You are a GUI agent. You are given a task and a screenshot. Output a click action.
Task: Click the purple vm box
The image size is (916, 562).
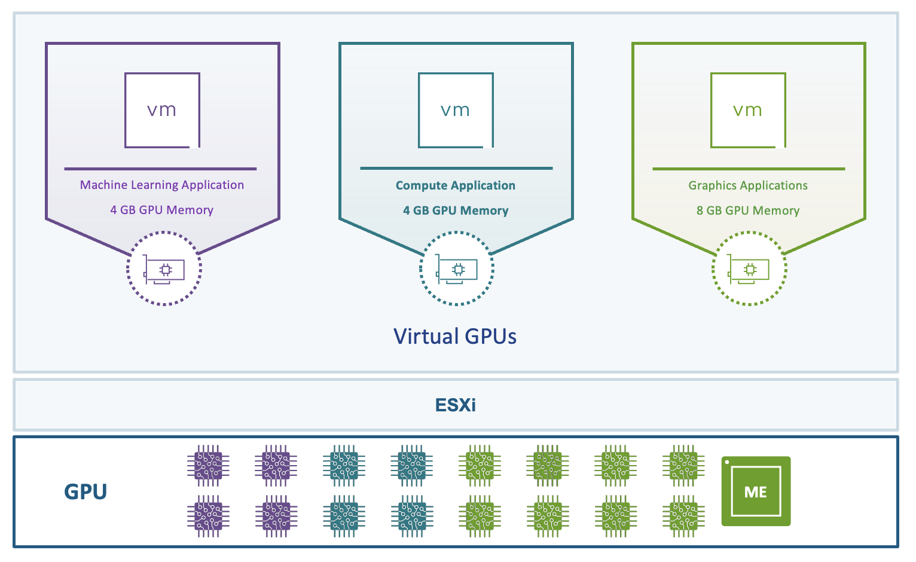(x=162, y=110)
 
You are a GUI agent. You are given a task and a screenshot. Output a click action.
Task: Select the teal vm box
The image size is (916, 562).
(x=456, y=110)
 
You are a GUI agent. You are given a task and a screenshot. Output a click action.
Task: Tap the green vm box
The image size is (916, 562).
(x=748, y=110)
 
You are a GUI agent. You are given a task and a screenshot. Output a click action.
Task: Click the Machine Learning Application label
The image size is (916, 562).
(x=162, y=185)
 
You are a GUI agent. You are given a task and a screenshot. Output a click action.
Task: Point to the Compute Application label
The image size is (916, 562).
(x=456, y=185)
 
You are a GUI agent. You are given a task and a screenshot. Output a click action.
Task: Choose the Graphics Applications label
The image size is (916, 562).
(x=748, y=185)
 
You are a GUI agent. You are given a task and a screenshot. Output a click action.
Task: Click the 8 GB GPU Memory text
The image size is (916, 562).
(x=748, y=210)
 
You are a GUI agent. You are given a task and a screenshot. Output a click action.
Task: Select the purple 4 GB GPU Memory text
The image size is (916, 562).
(x=162, y=210)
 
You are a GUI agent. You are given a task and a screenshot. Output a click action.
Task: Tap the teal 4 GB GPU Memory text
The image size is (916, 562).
(x=456, y=210)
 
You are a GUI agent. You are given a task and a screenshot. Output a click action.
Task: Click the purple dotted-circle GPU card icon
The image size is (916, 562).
(x=164, y=269)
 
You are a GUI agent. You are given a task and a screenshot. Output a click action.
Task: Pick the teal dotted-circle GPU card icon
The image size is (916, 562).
(x=457, y=269)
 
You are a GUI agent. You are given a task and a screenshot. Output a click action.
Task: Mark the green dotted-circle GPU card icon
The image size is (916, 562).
(x=749, y=269)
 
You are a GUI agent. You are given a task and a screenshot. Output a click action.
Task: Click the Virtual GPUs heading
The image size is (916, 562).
(x=455, y=336)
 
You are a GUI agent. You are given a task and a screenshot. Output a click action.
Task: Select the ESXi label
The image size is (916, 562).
(x=456, y=405)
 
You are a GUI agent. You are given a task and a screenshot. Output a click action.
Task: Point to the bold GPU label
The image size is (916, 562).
(x=86, y=492)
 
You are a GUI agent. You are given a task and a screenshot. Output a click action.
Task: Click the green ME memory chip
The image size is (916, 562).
(x=756, y=491)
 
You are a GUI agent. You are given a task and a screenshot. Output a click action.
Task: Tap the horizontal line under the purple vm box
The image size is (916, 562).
(x=160, y=169)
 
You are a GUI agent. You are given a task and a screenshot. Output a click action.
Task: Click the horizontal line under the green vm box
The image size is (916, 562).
(x=749, y=169)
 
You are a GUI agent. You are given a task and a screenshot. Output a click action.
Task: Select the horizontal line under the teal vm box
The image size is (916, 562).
(x=456, y=169)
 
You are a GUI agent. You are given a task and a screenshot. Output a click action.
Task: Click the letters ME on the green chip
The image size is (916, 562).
(x=756, y=492)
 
